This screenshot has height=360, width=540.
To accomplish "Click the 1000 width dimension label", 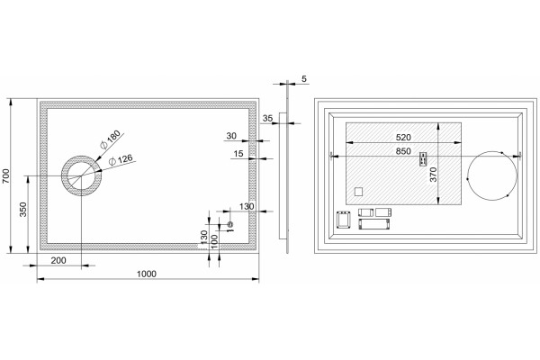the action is pos(147,274).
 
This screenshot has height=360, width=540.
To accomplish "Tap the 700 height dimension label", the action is pos(7,175).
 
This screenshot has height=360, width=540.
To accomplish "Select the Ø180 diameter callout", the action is pos(110,139).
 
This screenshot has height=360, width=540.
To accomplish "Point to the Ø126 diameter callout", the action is pos(121,159).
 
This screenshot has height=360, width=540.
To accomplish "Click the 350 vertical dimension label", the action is pos(23,210).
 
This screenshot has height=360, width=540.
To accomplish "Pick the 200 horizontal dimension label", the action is pos(58,260).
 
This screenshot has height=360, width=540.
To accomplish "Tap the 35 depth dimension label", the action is pos(267,118).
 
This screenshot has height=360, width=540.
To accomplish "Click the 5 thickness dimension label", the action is pos(304,79).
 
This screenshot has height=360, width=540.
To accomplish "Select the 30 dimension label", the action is pos(231,136).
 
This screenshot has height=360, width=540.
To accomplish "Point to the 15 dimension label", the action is pos(238,154).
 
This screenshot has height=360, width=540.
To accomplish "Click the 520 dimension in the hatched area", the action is pos(403,137).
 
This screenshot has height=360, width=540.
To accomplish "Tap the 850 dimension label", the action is pos(403,151).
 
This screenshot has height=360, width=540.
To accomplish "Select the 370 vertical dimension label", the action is pos(433,175).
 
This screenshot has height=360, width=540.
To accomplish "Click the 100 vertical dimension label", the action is pos(214,241).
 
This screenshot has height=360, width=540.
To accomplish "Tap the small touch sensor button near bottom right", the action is pos(230,225).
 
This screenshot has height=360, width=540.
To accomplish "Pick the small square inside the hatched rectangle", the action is pos(358,192).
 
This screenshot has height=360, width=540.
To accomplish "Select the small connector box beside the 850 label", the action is pos(423,159).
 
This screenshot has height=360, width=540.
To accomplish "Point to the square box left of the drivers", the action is pos(343,220).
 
